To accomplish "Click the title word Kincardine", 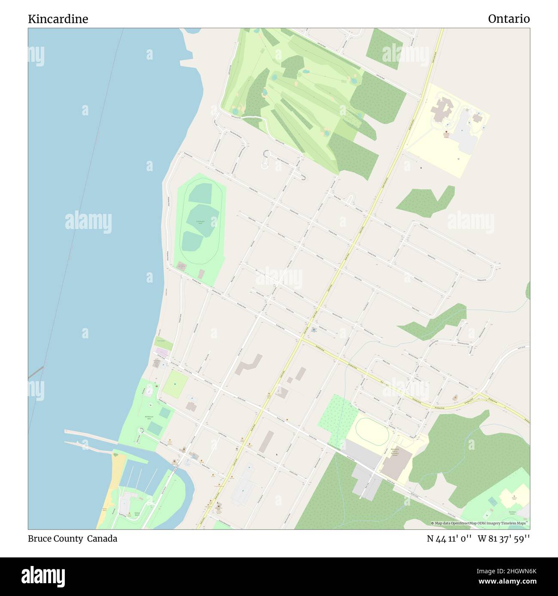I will pyautogui.click(x=58, y=19).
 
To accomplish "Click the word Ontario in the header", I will pyautogui.click(x=509, y=19).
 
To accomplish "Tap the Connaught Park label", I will pyautogui.click(x=200, y=222).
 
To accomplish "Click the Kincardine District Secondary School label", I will pyautogui.click(x=394, y=452).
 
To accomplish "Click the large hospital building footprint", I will pyautogui.click(x=440, y=109).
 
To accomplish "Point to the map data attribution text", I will pyautogui.click(x=480, y=523).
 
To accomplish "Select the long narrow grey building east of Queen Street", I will pyautogui.click(x=266, y=442).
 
